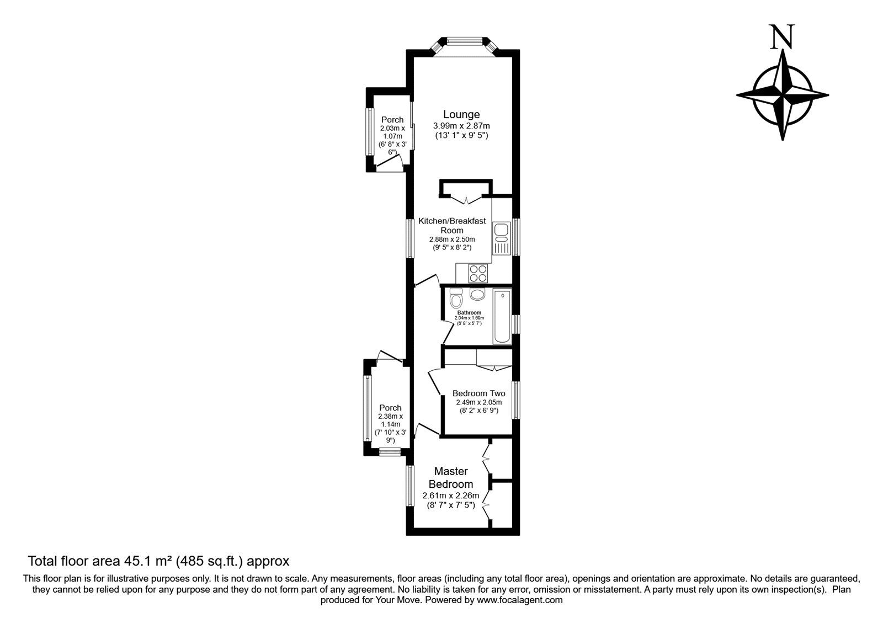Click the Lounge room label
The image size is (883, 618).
point(461,115)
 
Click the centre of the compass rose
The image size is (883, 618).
point(783,94)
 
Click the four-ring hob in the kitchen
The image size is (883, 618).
point(478,274)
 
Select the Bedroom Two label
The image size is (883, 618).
point(478,393)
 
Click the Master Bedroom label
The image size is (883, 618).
point(451,477)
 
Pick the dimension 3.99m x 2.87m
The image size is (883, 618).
point(461,126)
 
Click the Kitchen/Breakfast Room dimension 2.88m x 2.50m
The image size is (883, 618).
point(452,239)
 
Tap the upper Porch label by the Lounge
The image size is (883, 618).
point(392,120)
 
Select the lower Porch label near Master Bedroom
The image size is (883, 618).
point(390,408)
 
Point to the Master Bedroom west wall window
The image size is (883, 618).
point(410,486)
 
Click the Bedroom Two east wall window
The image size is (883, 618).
point(515,399)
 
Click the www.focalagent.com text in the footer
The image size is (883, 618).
point(520,600)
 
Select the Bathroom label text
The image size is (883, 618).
point(469,313)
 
